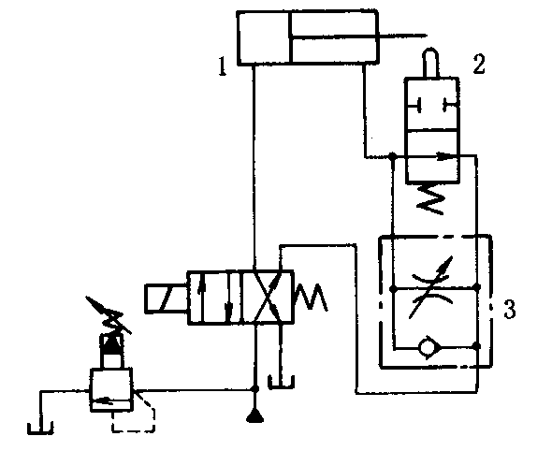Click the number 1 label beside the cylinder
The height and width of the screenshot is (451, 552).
coord(222,66)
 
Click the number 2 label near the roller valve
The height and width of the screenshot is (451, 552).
coord(479,64)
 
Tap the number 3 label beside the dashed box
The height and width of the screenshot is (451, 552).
coord(509,309)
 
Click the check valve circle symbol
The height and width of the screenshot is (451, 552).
coord(428,347)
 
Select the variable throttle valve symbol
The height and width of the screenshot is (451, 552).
coord(433,288)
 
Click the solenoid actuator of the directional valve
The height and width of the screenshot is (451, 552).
coord(167,298)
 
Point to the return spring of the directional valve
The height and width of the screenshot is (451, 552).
coord(311,297)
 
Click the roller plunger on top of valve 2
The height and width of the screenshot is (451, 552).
coord(431,63)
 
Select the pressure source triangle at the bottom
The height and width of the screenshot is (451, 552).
coord(255,417)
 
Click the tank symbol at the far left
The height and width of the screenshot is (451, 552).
coord(40,428)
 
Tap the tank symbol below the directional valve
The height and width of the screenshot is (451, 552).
coord(281,383)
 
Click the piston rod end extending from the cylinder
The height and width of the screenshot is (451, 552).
coord(426,36)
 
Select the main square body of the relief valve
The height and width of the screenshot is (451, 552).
coord(111,390)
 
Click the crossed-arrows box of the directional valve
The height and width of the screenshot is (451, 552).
coord(267,298)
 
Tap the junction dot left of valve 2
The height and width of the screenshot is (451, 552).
coord(393,155)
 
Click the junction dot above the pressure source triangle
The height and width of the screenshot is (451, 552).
coord(255,389)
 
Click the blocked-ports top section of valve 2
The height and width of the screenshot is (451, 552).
coord(432,105)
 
